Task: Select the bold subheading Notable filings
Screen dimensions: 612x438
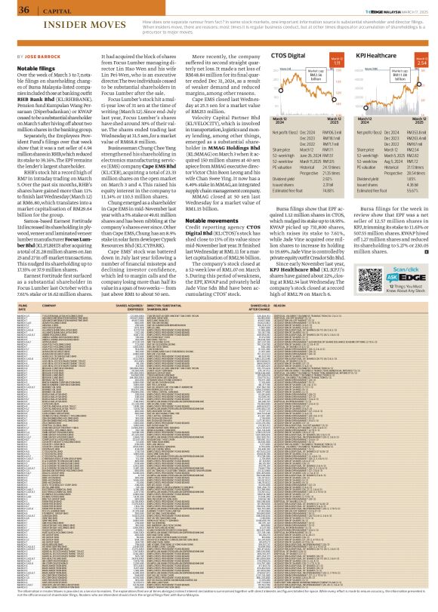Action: [x=33, y=67]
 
